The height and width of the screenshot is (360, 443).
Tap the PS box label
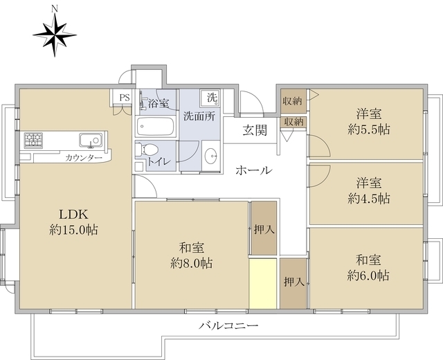point(124,98)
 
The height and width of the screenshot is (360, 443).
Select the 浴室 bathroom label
point(156,104)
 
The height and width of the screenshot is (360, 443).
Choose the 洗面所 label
point(199,116)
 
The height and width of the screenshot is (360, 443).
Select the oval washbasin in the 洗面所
point(210,154)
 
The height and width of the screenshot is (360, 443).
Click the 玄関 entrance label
point(255,130)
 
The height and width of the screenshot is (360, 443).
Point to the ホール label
point(252,170)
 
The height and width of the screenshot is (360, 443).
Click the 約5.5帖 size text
point(368,129)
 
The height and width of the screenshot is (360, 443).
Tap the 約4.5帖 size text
point(368,198)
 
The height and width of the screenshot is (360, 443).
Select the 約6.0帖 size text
point(368,275)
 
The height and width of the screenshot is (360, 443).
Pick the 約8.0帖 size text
point(192,263)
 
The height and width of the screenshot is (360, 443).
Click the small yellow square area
point(263,283)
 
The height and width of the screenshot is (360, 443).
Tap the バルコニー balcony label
point(228,325)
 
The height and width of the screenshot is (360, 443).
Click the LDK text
point(73,213)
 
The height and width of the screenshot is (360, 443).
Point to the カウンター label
point(84,159)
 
